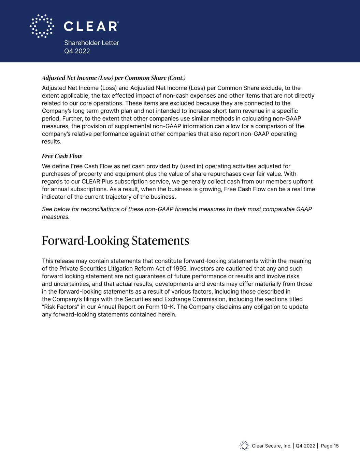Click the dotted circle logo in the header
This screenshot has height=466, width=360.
pos(42,26)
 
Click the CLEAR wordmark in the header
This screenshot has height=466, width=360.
pos(91,26)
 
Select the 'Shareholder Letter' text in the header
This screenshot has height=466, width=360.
pos(91,43)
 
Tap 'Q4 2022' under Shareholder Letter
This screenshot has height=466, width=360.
pos(77,51)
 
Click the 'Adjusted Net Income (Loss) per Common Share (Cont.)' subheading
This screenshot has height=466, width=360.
pos(114,78)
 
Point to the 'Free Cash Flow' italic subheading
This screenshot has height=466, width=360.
pos(62,156)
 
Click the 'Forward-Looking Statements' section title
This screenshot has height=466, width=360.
pos(115,241)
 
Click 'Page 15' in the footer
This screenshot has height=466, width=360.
pos(330,446)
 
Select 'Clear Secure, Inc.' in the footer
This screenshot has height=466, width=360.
pos(272,446)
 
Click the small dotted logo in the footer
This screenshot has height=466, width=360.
pos(244,446)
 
